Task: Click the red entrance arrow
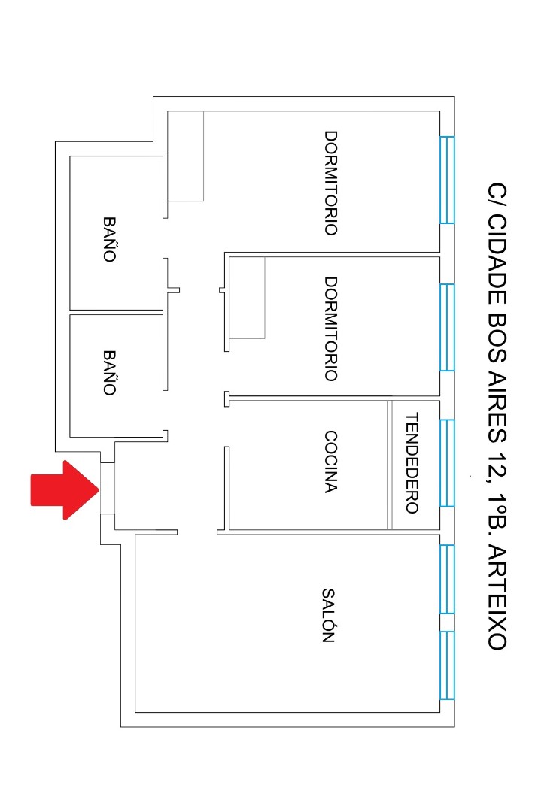click(x=65, y=489)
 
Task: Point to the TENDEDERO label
click(x=412, y=462)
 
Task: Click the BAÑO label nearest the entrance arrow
click(x=109, y=373)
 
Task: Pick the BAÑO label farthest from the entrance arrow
click(x=109, y=239)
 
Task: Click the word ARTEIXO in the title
click(x=497, y=599)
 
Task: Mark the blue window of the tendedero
click(x=447, y=463)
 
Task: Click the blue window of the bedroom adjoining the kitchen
click(x=447, y=327)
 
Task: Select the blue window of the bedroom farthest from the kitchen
click(x=447, y=180)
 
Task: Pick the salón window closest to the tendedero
click(x=447, y=579)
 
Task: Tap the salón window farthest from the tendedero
click(x=447, y=665)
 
